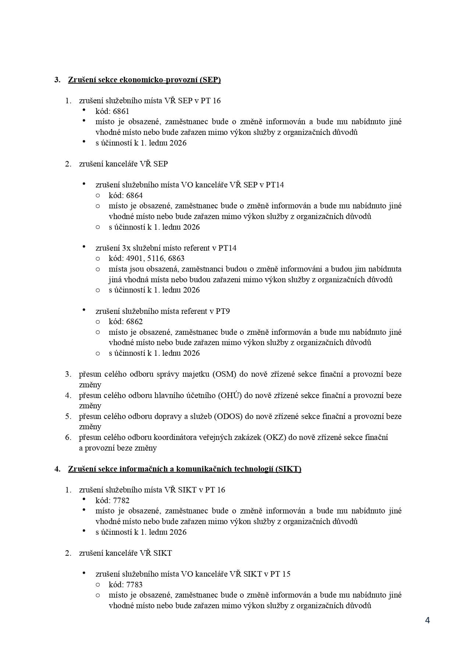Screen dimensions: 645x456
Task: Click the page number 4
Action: [427, 620]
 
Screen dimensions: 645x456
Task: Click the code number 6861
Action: [121, 111]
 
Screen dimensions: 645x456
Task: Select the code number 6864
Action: [135, 196]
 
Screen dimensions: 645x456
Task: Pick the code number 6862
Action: [135, 322]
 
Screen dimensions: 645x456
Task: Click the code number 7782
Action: [121, 501]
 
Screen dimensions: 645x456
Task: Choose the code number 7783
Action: [135, 585]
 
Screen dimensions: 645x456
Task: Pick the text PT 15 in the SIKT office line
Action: [280, 574]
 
